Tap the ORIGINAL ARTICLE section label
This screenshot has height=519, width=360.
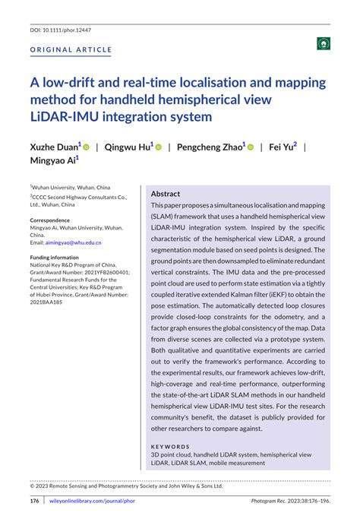(71, 50)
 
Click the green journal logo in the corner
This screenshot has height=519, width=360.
(324, 44)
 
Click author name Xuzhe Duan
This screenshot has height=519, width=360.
(52, 147)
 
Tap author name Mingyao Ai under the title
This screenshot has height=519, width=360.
(53, 161)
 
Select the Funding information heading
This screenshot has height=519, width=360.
(55, 258)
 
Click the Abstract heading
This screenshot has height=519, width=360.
(166, 194)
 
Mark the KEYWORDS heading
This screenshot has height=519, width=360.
(171, 446)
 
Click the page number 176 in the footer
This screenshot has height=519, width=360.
(34, 502)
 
